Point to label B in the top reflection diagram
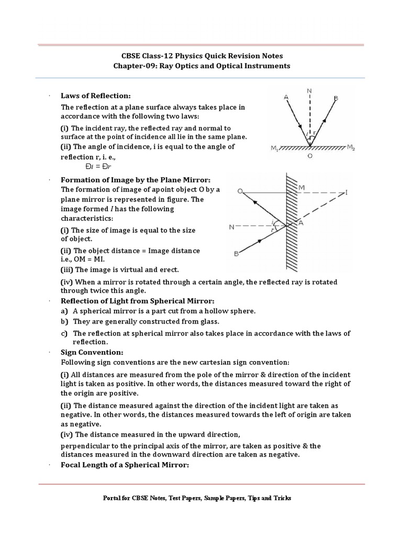336,98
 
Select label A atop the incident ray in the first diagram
285,97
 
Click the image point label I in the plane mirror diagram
346,192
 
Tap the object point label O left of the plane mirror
239,192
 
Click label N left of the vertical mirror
231,227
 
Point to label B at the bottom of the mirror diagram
237,254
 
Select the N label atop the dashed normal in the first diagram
309,91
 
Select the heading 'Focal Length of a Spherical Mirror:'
124,465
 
